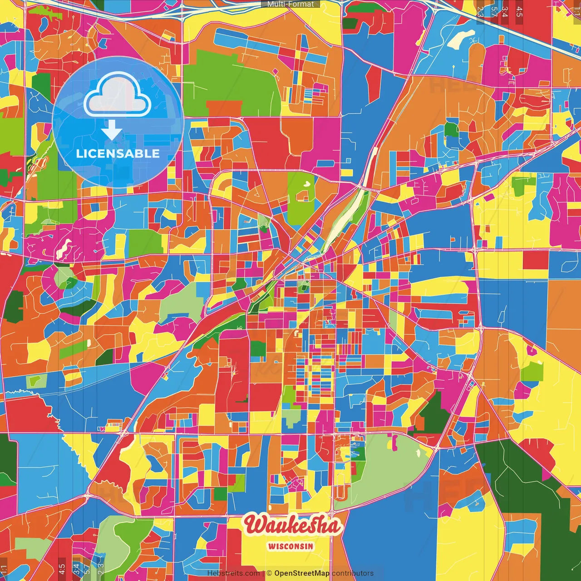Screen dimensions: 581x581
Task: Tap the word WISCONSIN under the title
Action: (290, 546)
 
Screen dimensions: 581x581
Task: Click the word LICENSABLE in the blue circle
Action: (118, 153)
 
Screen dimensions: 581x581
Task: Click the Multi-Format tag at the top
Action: (290, 4)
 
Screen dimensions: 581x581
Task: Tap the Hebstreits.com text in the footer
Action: (233, 573)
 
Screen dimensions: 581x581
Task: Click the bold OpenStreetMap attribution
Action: (301, 573)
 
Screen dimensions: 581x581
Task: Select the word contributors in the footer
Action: (353, 573)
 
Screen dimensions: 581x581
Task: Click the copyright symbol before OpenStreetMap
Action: (269, 573)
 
